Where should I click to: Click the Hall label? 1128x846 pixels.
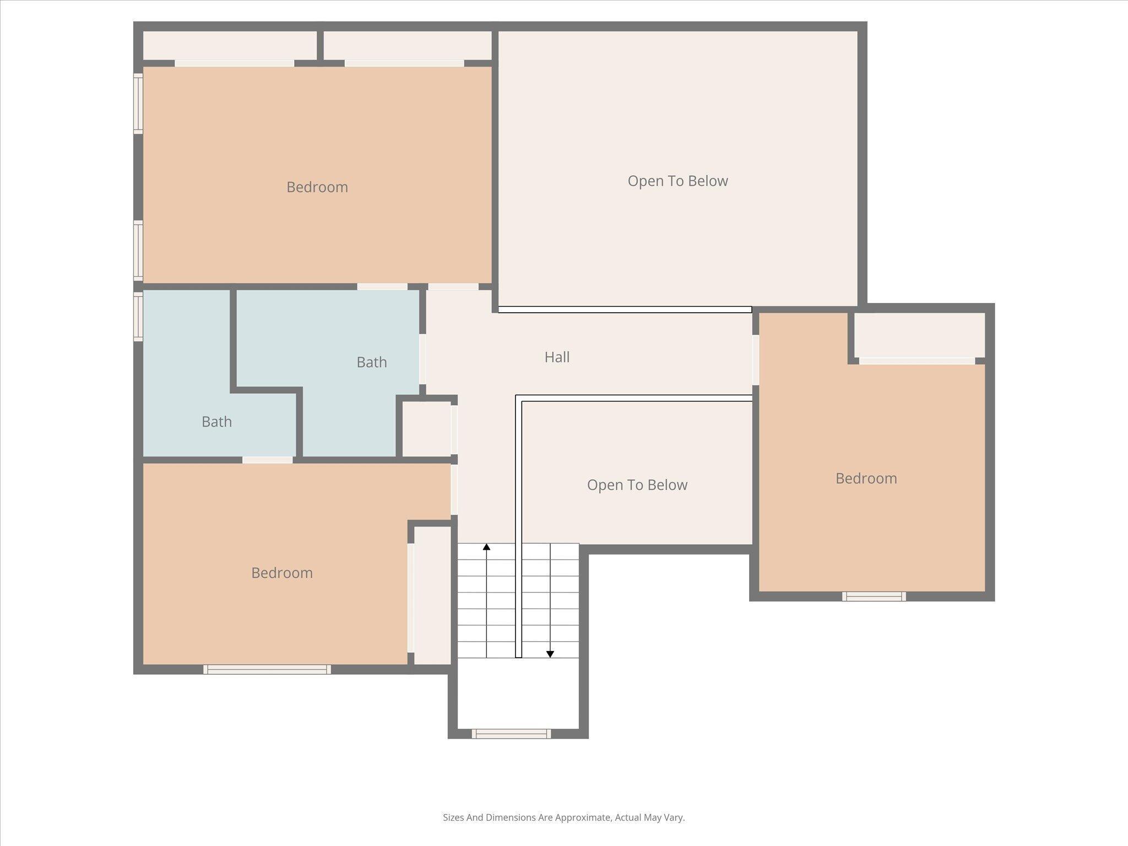(x=557, y=357)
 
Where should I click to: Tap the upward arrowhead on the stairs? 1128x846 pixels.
(x=486, y=547)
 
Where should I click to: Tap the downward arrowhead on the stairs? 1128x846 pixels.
(x=550, y=654)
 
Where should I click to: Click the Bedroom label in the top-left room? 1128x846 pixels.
(x=317, y=187)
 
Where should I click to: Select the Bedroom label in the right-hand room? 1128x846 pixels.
(x=866, y=478)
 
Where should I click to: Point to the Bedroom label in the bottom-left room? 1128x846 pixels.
(x=282, y=573)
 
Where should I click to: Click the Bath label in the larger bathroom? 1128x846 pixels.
(x=372, y=362)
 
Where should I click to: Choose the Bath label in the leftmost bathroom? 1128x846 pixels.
(x=216, y=422)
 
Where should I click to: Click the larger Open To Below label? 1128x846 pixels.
(x=677, y=181)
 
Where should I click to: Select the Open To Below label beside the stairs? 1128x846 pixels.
(x=637, y=485)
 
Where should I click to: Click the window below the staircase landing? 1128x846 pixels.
(x=511, y=733)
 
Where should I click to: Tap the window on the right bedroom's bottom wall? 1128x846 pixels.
(x=874, y=596)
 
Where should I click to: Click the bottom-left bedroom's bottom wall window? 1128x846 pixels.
(x=267, y=669)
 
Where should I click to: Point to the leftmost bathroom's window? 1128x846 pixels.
(x=138, y=316)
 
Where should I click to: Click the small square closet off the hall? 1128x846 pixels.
(x=426, y=429)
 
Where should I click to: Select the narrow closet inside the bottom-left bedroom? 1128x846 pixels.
(x=432, y=595)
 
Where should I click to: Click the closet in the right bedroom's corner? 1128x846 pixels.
(x=919, y=335)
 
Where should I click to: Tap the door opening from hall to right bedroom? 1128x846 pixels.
(x=756, y=360)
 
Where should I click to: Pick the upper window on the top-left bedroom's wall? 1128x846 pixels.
(x=138, y=104)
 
